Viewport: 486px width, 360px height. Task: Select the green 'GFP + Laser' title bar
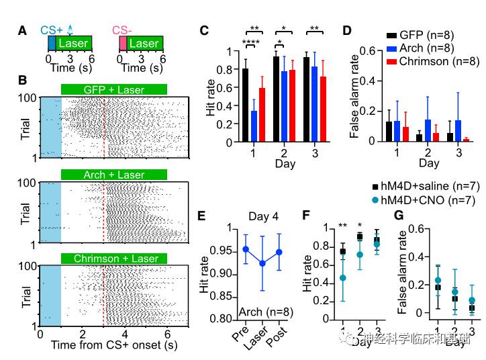(113, 89)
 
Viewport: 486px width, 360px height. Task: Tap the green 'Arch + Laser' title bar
(113, 175)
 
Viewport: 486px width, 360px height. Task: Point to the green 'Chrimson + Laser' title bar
(113, 259)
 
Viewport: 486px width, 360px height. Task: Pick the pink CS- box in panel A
(123, 44)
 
